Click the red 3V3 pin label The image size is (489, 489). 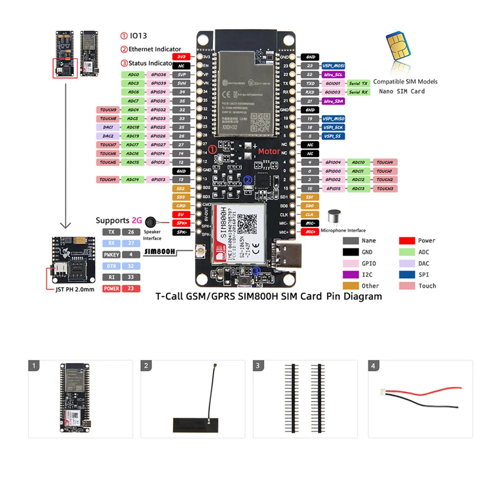[181, 57]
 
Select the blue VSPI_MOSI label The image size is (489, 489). [333, 66]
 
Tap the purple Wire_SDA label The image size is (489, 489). [333, 101]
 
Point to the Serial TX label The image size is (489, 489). [358, 84]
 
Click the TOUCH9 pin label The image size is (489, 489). [108, 110]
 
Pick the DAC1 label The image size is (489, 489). [108, 127]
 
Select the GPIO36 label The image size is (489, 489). [158, 75]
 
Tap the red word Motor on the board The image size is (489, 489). [269, 151]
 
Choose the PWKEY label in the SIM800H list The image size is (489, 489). [111, 255]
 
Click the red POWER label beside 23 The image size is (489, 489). [111, 289]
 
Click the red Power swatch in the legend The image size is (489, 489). [407, 241]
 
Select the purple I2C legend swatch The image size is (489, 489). [350, 275]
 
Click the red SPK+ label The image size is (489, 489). [181, 223]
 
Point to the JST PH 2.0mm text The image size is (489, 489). [75, 289]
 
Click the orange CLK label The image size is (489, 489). [310, 215]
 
